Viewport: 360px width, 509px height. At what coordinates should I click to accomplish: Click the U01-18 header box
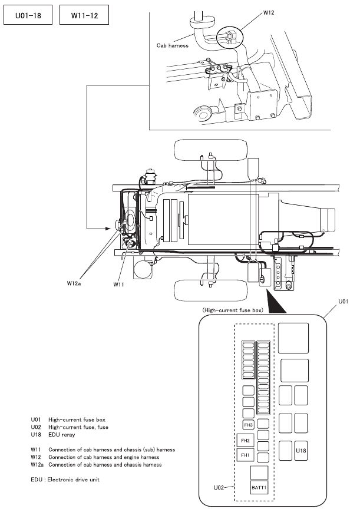[28, 15]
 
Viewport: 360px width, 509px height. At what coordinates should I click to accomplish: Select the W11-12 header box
[84, 15]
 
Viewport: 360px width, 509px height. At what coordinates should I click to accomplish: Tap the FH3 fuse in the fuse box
[248, 425]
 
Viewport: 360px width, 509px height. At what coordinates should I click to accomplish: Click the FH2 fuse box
[246, 441]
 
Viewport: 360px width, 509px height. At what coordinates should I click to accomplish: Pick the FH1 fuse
[246, 455]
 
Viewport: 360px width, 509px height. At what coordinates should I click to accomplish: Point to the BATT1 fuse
[259, 487]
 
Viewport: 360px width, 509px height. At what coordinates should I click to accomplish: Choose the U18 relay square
[301, 450]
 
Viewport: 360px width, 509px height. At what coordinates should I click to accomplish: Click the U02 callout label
[219, 487]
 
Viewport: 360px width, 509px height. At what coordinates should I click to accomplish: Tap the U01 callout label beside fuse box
[344, 301]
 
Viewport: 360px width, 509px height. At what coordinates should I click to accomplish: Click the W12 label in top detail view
[269, 12]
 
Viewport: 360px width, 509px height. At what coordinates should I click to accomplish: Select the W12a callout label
[74, 283]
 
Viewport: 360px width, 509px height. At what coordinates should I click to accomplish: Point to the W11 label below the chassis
[118, 285]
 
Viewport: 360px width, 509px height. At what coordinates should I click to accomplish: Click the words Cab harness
[173, 45]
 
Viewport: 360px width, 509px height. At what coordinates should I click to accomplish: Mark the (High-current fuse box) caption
[233, 310]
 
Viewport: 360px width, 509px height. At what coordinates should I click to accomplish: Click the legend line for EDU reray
[53, 434]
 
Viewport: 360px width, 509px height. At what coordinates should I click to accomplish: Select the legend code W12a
[37, 465]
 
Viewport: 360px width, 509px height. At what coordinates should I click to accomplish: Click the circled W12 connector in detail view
[230, 37]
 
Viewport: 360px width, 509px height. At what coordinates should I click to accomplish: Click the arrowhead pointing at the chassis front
[109, 229]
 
